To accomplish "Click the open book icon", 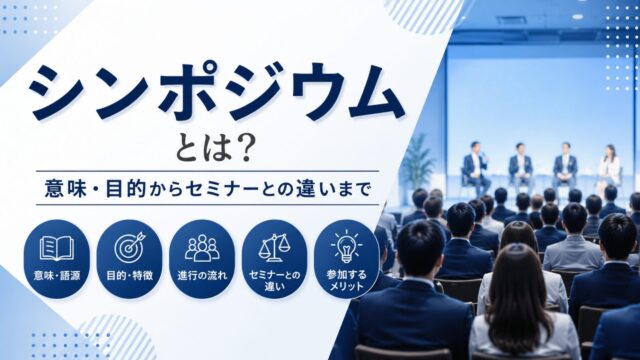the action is pos(57,248).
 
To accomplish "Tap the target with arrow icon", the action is pos(129,247).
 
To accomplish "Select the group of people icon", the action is pos(202,248).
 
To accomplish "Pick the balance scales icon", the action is pos(273,247).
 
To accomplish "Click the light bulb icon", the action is pos(347,247).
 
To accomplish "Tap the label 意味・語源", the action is pos(57,276).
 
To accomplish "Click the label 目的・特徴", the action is pos(129,276).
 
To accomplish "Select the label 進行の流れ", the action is pos(202,276).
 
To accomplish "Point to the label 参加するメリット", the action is pos(347,280).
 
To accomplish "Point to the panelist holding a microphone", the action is pos(476,167).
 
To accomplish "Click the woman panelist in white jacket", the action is pos(609,168).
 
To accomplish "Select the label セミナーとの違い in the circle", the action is pos(274,280).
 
